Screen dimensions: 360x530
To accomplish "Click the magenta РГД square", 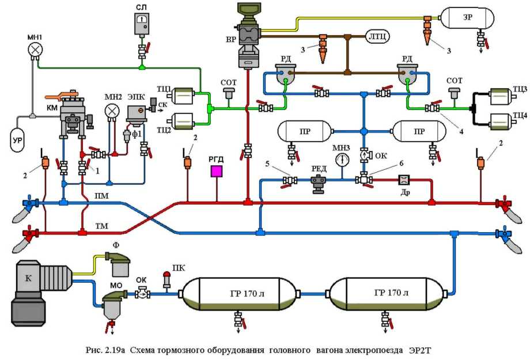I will pyautogui.click(x=217, y=172).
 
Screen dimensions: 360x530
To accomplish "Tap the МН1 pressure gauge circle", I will pyautogui.click(x=36, y=50).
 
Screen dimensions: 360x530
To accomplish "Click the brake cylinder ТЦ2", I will pyautogui.click(x=184, y=120).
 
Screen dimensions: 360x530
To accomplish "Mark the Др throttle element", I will pyautogui.click(x=403, y=180).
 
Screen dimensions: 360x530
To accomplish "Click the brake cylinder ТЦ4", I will pyautogui.click(x=503, y=122).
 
